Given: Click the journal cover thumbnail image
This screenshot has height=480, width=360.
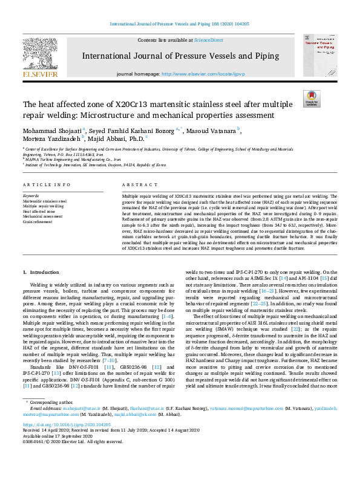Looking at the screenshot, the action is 319,56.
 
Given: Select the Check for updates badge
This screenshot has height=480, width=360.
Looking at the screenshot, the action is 312,99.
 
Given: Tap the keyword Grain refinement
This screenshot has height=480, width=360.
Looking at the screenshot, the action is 38,222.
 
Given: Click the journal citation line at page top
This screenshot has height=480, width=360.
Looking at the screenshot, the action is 180,24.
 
